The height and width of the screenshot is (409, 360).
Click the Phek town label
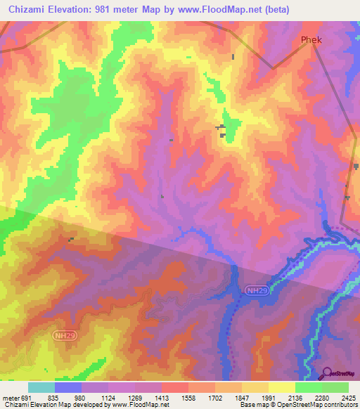(311, 40)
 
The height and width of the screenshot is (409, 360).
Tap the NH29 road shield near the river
(256, 290)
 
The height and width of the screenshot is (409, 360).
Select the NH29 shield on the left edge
(64, 337)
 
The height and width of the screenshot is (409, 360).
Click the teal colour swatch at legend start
(41, 387)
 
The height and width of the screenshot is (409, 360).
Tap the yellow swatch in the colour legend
(281, 387)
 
